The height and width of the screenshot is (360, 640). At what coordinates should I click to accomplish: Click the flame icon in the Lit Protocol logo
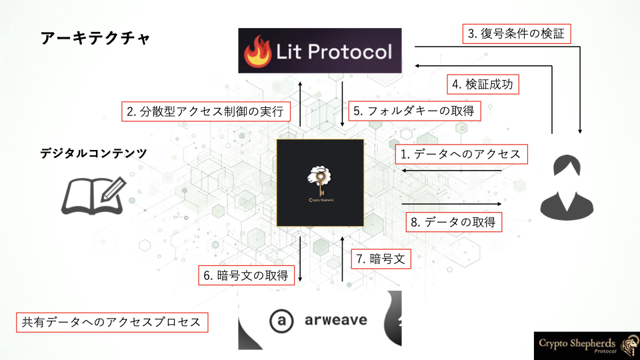point(257,51)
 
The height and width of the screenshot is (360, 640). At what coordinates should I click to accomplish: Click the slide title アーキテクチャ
point(95,39)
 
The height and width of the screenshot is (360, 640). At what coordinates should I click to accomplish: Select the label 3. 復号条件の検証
point(516,33)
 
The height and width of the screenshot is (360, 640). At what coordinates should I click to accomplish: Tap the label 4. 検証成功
point(483,84)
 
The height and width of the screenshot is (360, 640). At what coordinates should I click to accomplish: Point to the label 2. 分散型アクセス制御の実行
point(206,111)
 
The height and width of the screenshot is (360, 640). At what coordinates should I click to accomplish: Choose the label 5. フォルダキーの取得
point(414,111)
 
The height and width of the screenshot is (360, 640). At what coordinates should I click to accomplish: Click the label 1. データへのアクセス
point(461,154)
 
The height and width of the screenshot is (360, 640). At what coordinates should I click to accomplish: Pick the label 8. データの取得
point(453,222)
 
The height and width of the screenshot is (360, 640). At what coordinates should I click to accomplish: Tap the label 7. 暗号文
point(381,259)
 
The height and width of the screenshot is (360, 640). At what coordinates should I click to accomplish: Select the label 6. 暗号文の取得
point(246,275)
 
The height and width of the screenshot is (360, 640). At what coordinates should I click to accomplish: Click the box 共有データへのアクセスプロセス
point(112,322)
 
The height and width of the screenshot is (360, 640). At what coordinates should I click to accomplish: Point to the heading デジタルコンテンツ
point(93,153)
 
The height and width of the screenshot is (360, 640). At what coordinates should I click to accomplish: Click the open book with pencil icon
point(94,196)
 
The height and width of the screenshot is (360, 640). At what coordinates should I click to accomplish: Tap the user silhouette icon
point(567,187)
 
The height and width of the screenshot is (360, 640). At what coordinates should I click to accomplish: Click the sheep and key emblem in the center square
point(321,183)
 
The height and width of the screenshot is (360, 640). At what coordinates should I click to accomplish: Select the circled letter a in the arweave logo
point(281,321)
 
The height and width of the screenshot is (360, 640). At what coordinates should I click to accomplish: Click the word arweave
point(336,320)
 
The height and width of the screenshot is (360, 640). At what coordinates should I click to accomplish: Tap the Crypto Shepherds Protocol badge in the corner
point(587,346)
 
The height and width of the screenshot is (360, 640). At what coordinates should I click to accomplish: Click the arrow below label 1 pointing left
point(451,171)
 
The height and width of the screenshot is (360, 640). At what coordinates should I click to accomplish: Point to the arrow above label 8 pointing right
point(451,204)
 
